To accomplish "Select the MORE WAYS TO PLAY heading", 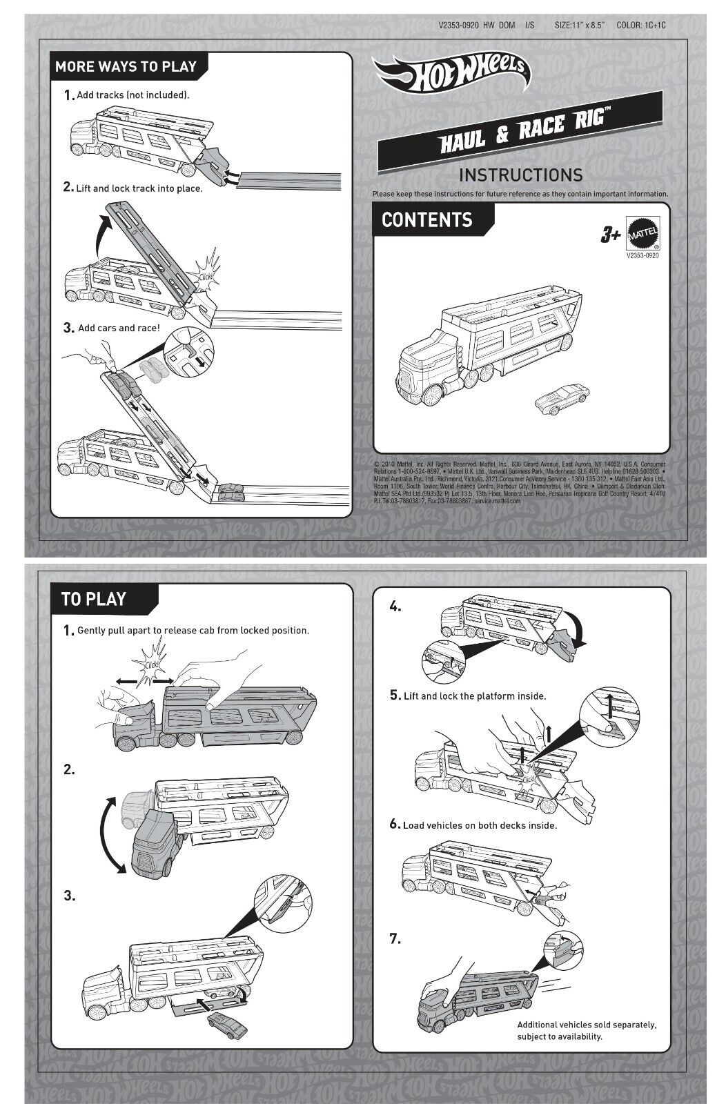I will click(126, 67).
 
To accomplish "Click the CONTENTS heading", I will click(426, 220).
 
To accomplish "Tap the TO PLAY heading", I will click(94, 598).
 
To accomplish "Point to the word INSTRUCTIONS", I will click(520, 175).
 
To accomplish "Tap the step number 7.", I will click(395, 938).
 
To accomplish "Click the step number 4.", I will click(395, 607).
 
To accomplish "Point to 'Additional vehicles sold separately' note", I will click(587, 1031).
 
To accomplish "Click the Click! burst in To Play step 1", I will click(153, 661).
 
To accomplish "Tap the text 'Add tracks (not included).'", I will click(133, 95).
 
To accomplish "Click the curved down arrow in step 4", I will click(574, 627).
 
